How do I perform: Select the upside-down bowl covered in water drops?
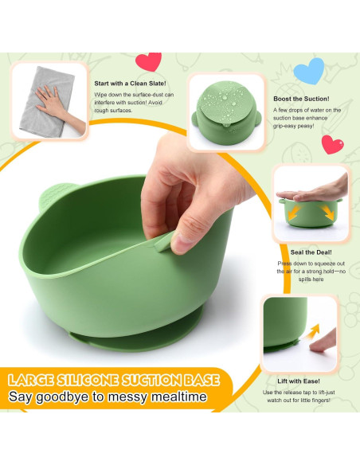[227, 108]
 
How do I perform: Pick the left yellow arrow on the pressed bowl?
[292, 213]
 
